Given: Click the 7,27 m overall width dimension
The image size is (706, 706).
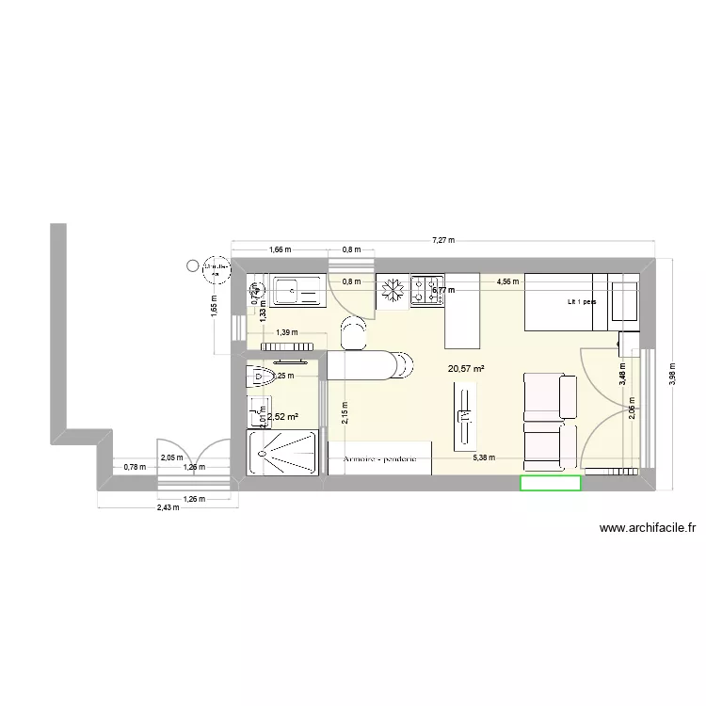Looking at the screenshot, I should (443, 241).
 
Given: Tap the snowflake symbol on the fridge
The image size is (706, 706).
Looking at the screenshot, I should (393, 290).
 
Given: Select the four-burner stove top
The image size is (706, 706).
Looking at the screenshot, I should (427, 290).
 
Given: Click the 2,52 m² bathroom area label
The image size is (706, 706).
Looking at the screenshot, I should (282, 417).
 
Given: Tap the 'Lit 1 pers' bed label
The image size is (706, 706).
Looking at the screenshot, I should (582, 302).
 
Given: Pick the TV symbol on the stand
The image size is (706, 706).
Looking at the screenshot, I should (465, 414).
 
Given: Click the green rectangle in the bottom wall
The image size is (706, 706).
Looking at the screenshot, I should (551, 483).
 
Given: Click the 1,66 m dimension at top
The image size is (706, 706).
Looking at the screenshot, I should (280, 250).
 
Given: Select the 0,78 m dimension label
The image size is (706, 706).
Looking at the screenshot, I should (136, 467).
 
